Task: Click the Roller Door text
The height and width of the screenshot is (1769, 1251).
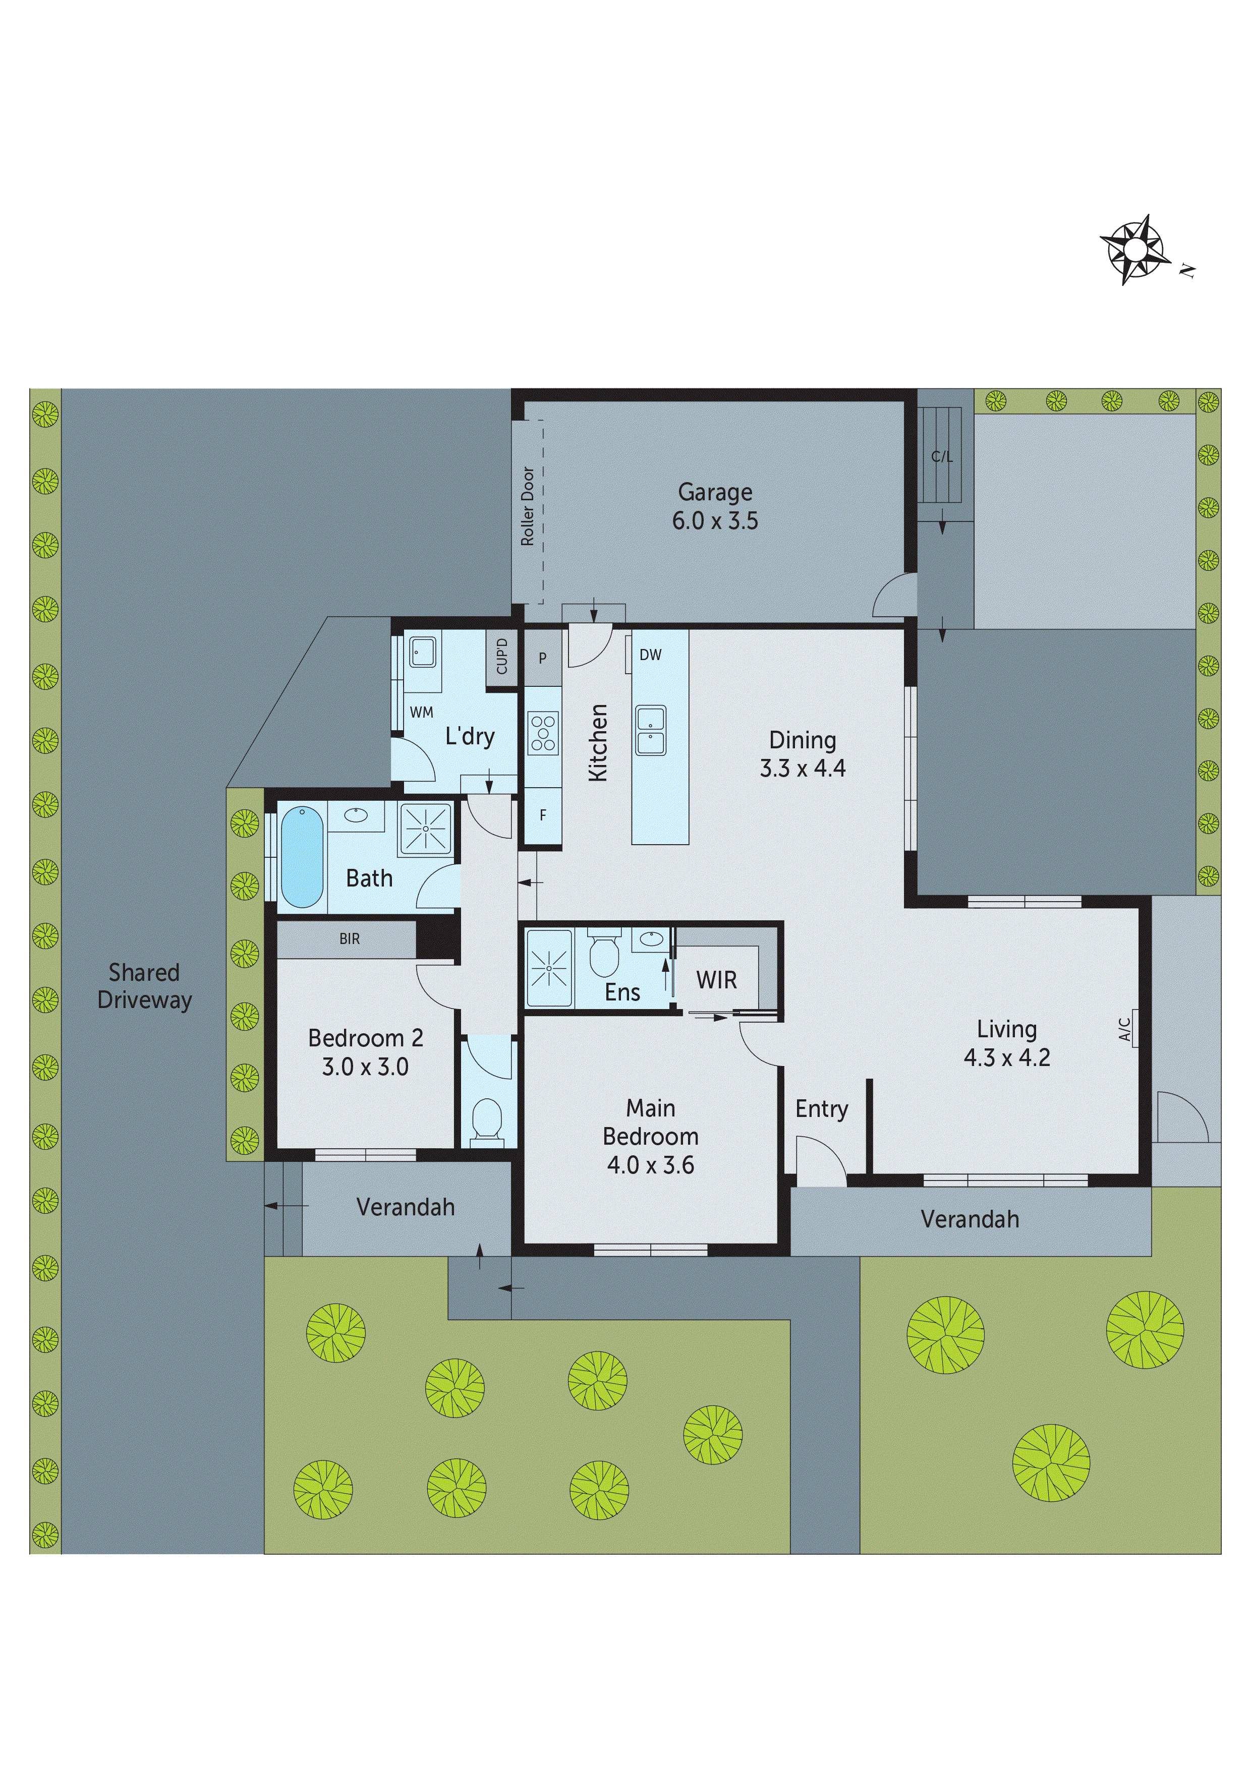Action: point(528,506)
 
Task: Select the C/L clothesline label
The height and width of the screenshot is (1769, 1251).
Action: point(941,457)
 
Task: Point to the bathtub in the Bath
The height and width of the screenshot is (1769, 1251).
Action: point(301,857)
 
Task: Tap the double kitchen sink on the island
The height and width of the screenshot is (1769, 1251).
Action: point(651,730)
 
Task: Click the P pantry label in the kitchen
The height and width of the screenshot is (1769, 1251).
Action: point(543,658)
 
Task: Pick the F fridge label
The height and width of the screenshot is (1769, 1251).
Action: point(543,815)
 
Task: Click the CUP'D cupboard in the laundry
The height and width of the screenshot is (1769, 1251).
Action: point(502,657)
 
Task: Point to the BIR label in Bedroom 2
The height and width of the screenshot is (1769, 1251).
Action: point(349,938)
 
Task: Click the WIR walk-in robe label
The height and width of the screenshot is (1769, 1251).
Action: point(716,980)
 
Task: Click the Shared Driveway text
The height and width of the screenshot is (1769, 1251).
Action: point(144,986)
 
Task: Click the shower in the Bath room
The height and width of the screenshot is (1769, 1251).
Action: point(425,828)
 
